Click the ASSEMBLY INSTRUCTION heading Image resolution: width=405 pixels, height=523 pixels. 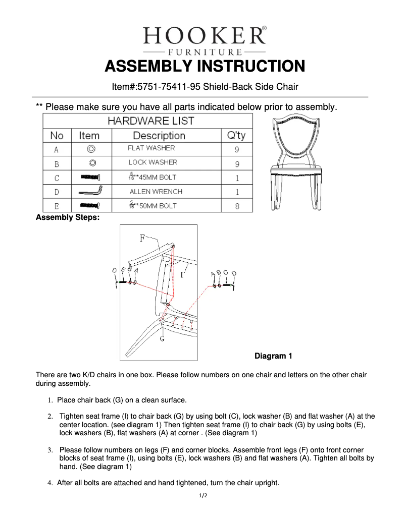205,66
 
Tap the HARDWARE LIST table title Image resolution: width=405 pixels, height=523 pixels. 150,121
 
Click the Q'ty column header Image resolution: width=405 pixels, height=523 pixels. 236,136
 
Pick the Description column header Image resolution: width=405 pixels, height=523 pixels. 159,136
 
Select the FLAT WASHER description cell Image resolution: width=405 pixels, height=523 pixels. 151,148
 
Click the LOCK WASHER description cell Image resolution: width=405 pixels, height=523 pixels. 153,162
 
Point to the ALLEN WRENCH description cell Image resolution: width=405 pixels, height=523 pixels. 156,192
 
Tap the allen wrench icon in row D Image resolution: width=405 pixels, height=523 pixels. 90,192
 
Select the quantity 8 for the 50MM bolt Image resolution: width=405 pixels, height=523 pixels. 236,206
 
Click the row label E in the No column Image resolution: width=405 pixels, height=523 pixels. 57,206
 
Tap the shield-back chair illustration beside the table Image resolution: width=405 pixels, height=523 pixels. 292,163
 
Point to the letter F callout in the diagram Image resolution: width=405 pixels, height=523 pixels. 142,238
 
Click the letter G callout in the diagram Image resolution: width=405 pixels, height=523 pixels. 162,339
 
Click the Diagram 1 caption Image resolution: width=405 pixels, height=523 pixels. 273,356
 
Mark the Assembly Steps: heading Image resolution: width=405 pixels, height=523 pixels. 68,218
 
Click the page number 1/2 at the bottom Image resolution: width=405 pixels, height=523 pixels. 202,496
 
